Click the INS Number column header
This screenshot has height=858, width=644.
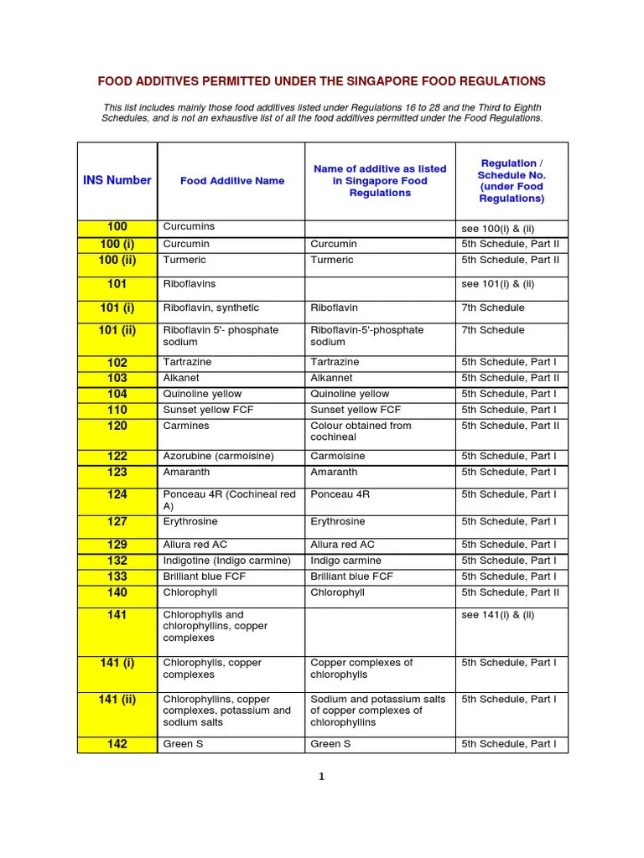click(x=117, y=180)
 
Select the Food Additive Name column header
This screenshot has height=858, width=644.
click(x=231, y=181)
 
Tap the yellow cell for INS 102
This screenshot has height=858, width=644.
click(x=117, y=363)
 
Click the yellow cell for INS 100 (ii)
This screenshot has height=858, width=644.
click(x=117, y=260)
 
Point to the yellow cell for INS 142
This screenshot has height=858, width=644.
click(x=117, y=744)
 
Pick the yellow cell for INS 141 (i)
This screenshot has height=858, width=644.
click(x=117, y=664)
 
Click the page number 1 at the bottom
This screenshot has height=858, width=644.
click(x=321, y=777)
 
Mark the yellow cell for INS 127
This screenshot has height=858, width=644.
click(x=117, y=521)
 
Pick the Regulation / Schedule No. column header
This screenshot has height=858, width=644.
click(x=512, y=181)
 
